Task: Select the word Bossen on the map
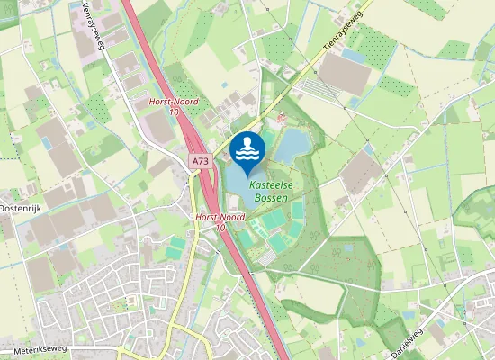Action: tap(270, 196)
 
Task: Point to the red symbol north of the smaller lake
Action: tap(282, 116)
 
